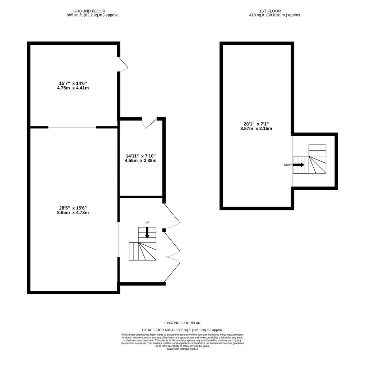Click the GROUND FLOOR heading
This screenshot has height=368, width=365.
[x=89, y=11]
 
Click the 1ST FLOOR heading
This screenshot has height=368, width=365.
[x=270, y=11]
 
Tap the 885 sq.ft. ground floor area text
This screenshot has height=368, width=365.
[x=93, y=15]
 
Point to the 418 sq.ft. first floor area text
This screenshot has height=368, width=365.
[x=275, y=15]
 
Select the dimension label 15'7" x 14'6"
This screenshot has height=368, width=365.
[x=73, y=83]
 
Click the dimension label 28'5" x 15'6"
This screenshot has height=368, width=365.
[x=73, y=208]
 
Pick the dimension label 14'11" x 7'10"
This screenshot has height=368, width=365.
[x=141, y=156]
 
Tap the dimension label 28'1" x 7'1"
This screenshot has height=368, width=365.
[x=256, y=124]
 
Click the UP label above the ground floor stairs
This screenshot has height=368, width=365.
[x=147, y=222]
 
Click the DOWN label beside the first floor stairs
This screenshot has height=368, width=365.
[x=288, y=165]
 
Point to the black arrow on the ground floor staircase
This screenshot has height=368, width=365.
[x=147, y=233]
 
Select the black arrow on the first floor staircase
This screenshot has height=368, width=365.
[x=299, y=165]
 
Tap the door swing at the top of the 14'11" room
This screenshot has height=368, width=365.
[x=150, y=123]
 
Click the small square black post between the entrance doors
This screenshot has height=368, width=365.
[x=164, y=230]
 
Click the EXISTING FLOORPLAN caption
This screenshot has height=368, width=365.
[x=182, y=323]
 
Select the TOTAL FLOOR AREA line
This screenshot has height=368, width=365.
[x=182, y=330]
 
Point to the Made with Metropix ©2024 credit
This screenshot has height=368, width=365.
[x=182, y=349]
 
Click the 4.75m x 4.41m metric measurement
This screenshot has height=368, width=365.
[x=73, y=88]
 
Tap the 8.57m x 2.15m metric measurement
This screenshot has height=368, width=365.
[x=256, y=129]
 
